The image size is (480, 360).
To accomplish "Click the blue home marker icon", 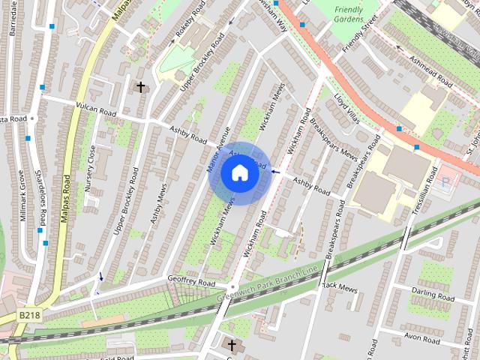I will [239, 173].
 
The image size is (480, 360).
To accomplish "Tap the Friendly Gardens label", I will [349, 13].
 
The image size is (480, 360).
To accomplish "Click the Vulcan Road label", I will [96, 109].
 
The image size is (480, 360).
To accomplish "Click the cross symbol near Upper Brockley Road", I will [140, 88].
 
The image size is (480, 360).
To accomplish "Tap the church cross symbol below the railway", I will [232, 346].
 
